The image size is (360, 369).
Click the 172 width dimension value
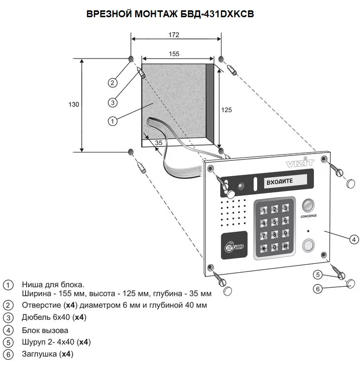point(173,35)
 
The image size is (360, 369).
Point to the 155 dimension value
point(173,54)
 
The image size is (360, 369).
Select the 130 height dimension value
point(74,104)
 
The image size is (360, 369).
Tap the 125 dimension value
point(226,110)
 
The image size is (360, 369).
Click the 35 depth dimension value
point(159,142)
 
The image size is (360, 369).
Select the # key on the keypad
point(285,246)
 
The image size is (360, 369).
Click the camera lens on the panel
point(241,186)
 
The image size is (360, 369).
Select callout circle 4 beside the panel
point(353,240)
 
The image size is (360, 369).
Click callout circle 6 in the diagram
point(318,289)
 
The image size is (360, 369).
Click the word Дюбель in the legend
point(35,317)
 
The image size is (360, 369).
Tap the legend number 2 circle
point(7,306)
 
